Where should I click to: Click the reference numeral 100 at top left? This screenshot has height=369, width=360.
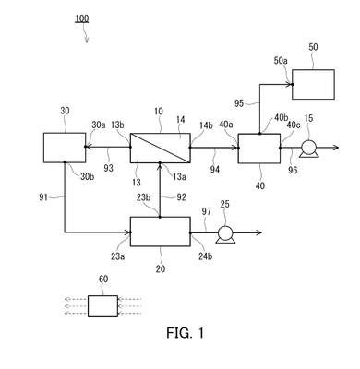pos(81,18)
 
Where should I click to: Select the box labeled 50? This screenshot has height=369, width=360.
pos(313,84)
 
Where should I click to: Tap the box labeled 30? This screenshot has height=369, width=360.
pos(65,148)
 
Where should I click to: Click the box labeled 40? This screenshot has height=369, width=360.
pos(259,149)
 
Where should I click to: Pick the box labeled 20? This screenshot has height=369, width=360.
pos(161,232)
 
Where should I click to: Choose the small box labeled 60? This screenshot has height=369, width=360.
pos(102,306)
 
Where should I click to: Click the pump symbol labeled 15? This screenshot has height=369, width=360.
pos(308,149)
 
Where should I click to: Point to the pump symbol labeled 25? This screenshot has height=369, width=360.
pos(225,234)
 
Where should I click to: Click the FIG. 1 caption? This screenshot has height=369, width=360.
pos(186,333)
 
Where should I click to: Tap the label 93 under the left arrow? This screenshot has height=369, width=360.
pos(108,168)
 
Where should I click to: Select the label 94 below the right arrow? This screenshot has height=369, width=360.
pos(215,169)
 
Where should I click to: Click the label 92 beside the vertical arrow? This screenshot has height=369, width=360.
pos(181,196)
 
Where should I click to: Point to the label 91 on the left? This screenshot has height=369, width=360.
pos(43,196)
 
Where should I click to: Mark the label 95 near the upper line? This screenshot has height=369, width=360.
pos(239,103)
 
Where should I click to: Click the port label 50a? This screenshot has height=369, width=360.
pos(281,61)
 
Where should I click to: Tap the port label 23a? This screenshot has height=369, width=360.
pos(118,256)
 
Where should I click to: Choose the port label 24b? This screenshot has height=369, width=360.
pos(205,256)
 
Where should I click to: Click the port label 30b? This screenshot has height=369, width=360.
pos(88,176)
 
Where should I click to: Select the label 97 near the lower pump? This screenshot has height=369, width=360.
pos(207,211)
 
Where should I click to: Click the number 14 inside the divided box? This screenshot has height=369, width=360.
pos(181,119)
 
